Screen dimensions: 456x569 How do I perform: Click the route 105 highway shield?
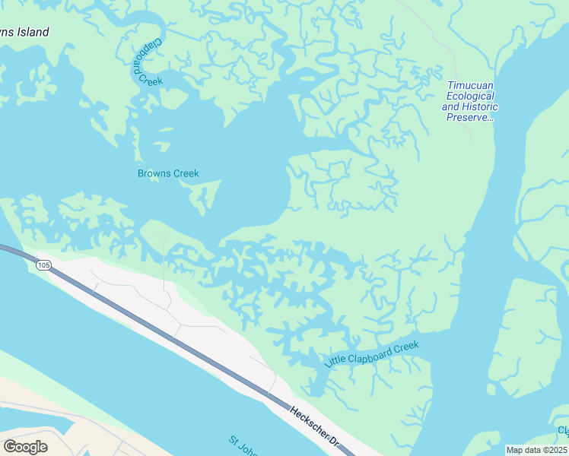point(43,265)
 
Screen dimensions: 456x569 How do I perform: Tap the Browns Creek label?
point(168,173)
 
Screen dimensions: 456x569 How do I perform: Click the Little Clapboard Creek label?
point(371,355)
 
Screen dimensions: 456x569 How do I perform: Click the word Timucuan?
point(471,86)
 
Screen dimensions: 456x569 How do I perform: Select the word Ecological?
point(470,97)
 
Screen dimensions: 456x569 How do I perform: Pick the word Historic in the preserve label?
point(478,107)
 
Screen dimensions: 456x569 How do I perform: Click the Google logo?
point(25,446)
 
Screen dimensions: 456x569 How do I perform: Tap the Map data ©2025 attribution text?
point(536,449)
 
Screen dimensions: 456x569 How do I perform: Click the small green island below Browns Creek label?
point(204,196)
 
